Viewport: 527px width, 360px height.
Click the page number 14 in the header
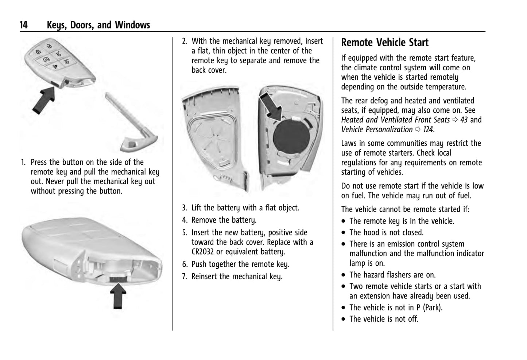23,25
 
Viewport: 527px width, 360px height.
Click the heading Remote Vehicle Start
385,43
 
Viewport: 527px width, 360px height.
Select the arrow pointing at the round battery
271,106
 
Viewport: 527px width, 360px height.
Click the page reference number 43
464,120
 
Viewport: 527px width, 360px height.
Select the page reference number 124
428,129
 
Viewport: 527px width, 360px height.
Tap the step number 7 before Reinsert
185,277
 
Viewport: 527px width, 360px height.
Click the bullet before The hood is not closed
344,233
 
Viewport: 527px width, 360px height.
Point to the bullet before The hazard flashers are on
344,275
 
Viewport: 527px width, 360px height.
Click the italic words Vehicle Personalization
377,129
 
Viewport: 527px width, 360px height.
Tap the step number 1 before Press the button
23,163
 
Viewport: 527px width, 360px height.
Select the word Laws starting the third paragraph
349,143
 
